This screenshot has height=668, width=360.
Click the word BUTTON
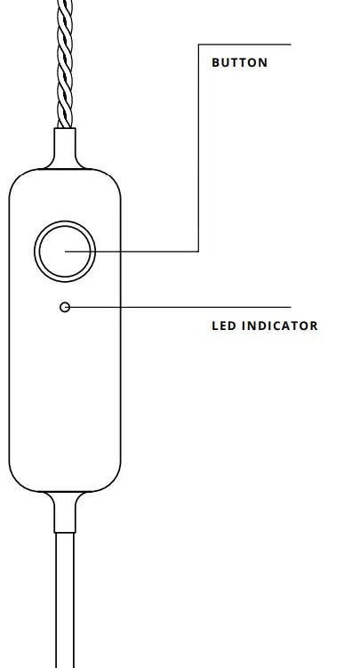tap(239, 63)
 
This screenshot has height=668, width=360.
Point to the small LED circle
tap(64, 307)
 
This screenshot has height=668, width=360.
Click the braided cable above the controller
tap(65, 62)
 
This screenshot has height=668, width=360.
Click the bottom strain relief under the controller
tap(65, 511)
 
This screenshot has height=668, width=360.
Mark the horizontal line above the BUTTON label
tap(244, 44)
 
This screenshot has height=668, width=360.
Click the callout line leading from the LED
tap(178, 307)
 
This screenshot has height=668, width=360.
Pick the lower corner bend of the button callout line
tap(198, 251)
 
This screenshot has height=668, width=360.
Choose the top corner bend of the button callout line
tap(198, 44)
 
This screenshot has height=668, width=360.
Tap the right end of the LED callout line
tap(290, 307)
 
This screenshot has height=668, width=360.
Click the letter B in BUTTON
tap(215, 63)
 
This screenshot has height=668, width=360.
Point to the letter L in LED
tap(215, 326)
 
